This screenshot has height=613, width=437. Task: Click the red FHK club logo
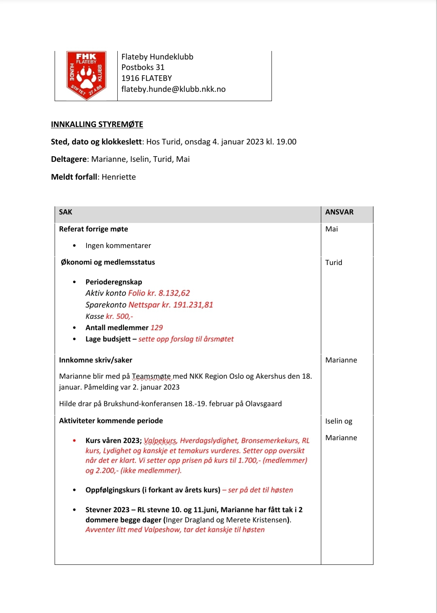86,75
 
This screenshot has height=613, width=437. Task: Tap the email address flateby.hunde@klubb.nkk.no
173,89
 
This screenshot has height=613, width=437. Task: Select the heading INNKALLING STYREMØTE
97,124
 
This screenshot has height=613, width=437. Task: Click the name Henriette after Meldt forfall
119,177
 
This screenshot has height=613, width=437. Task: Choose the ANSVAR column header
339,212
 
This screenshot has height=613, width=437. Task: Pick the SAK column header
66,212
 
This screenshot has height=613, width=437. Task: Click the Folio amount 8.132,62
174,293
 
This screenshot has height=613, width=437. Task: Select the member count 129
157,328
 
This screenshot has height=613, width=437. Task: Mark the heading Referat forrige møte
93,229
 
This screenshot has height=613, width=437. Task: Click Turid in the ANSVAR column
333,263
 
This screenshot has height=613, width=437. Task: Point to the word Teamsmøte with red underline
151,376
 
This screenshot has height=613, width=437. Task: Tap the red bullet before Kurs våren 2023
74,441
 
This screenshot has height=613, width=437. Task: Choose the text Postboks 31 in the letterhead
143,67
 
